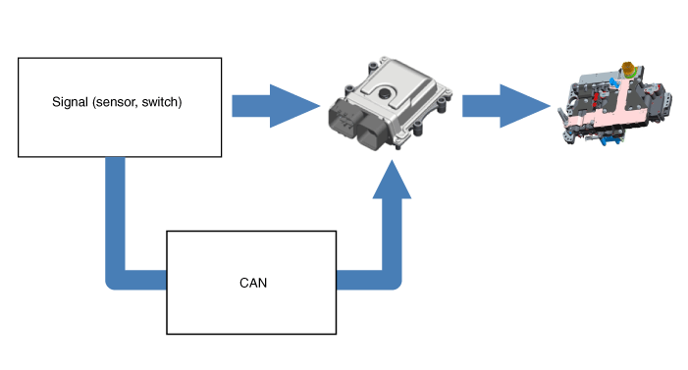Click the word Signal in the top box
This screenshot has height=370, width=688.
[x=71, y=102]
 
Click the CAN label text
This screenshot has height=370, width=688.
[x=253, y=283]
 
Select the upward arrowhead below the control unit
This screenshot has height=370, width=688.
[x=392, y=179]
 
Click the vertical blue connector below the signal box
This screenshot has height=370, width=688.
[x=116, y=215]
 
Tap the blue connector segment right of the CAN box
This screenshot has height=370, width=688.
[x=359, y=280]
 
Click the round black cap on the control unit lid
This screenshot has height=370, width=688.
[x=385, y=92]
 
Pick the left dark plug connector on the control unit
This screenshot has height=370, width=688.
[x=345, y=118]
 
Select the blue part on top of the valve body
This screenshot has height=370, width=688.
[x=613, y=81]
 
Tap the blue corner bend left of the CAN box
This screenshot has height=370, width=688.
[x=115, y=280]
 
